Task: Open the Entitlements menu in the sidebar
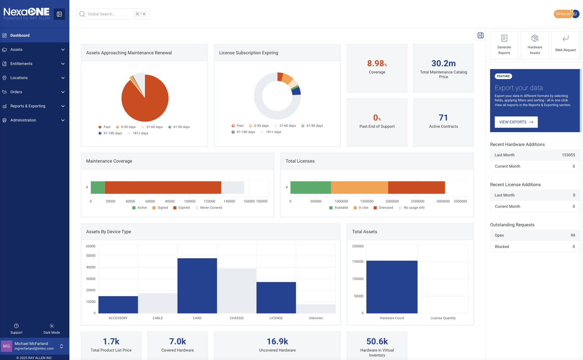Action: [21, 64]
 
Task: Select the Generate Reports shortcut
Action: [504, 45]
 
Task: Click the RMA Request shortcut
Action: [565, 45]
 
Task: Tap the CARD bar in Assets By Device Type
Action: [197, 286]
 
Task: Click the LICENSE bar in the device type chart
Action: [276, 298]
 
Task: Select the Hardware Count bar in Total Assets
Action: [392, 287]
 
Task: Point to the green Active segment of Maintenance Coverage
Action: [98, 187]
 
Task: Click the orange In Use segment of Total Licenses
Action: [359, 187]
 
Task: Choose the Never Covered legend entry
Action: [211, 208]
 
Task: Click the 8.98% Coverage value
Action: [377, 64]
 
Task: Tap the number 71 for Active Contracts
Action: [443, 118]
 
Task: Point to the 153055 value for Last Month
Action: [568, 155]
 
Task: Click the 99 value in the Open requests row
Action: [573, 235]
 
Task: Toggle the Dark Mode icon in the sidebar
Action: [52, 326]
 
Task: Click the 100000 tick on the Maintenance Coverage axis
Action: [190, 201]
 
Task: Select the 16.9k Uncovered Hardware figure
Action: [277, 341]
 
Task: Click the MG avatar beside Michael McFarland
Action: [7, 346]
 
